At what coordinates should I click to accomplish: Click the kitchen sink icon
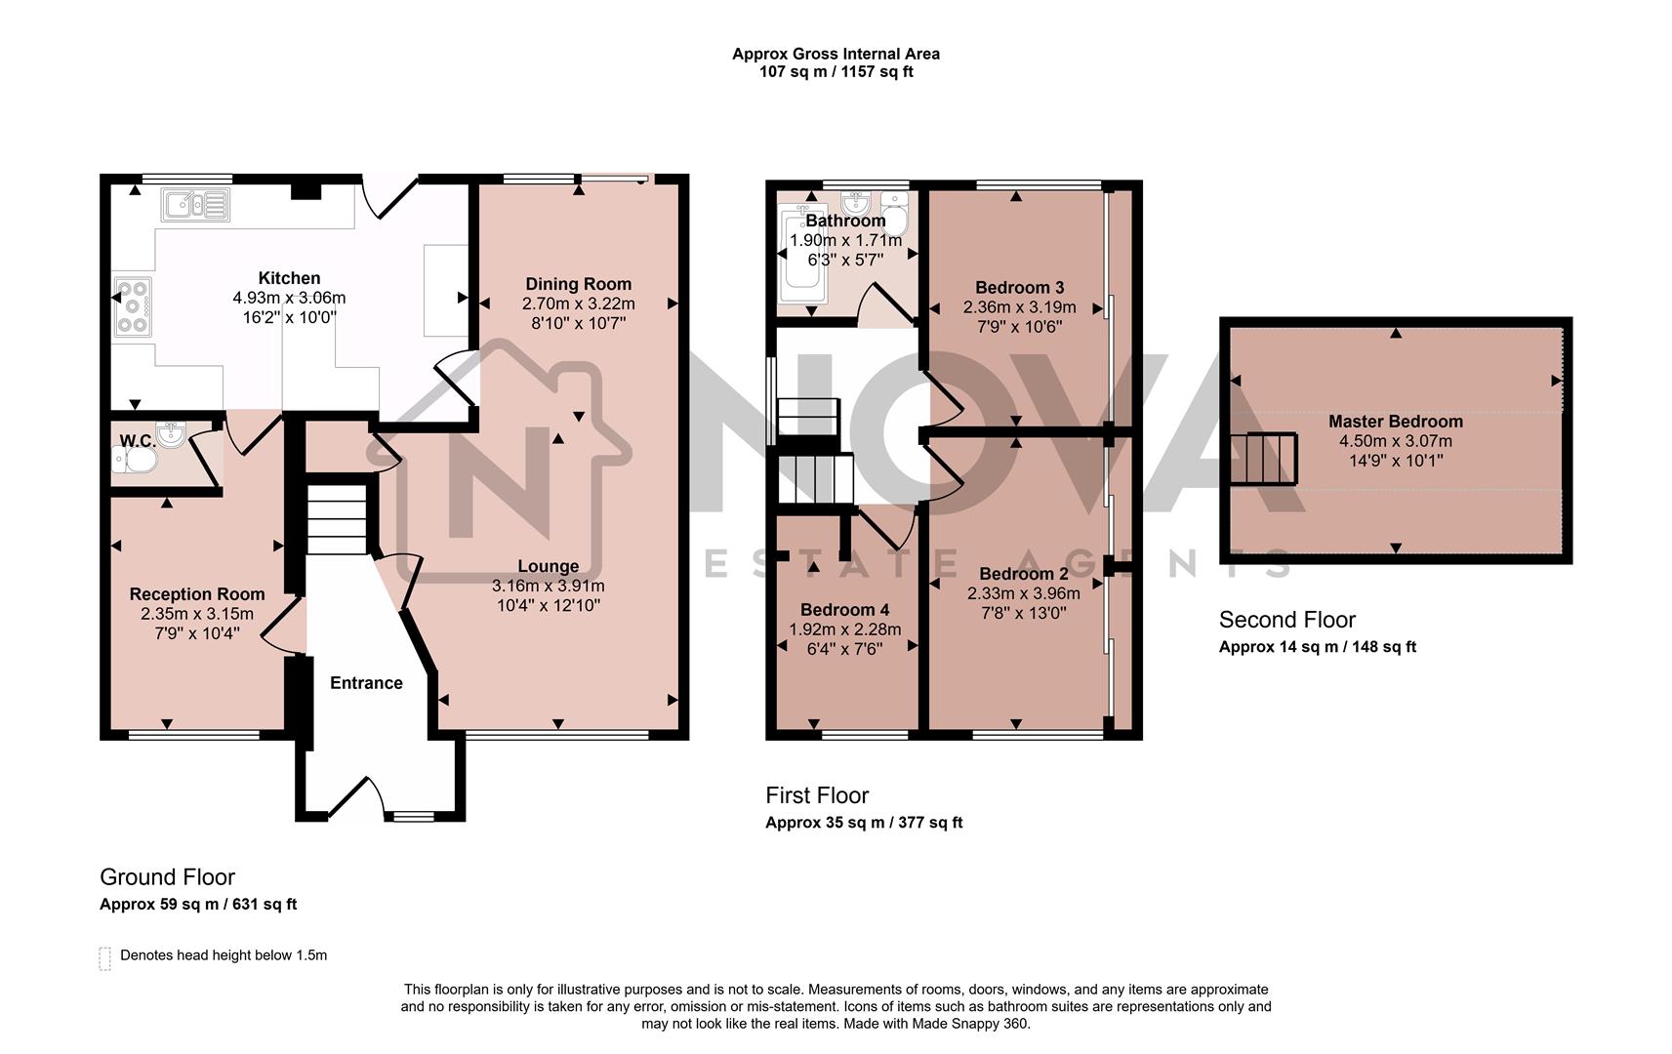(x=196, y=205)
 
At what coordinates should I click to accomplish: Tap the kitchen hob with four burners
(x=133, y=306)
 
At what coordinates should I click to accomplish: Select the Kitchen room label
(x=289, y=278)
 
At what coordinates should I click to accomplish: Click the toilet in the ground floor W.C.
(x=134, y=460)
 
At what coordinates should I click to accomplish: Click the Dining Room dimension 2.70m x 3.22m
(x=578, y=304)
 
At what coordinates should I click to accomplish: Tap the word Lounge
(x=548, y=566)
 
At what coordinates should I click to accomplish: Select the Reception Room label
(x=196, y=593)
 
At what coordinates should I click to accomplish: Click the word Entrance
(x=366, y=682)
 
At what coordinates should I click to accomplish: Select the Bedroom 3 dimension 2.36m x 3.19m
(x=1019, y=306)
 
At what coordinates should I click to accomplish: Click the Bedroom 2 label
(x=1023, y=574)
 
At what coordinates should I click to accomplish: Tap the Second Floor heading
(x=1286, y=620)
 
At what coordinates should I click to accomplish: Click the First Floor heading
(x=816, y=795)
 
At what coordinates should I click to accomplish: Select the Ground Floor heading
(x=167, y=876)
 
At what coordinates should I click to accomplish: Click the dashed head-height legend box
(x=104, y=957)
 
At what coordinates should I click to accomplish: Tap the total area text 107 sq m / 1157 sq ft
(x=836, y=71)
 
